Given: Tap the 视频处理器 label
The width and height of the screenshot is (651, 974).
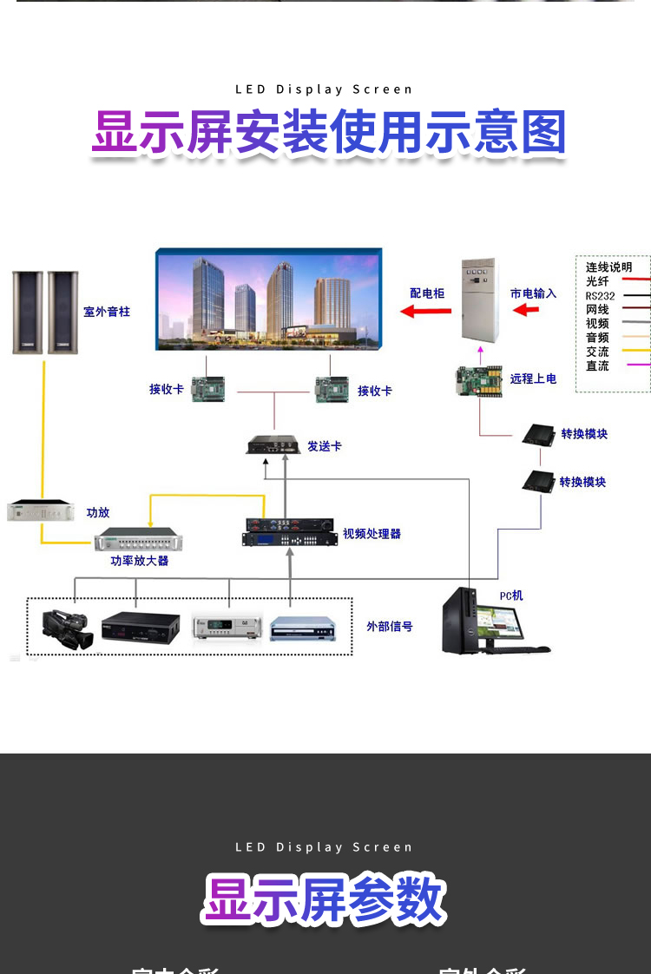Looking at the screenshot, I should (x=372, y=533).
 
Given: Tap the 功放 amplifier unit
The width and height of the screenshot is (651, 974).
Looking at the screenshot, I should (x=41, y=511).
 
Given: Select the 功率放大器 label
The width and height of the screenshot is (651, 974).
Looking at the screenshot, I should (x=139, y=561).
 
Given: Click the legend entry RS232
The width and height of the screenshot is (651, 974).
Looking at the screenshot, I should (x=600, y=295).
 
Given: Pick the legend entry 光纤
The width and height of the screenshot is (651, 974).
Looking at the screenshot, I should (x=597, y=281).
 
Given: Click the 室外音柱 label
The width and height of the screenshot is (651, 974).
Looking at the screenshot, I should (x=107, y=311).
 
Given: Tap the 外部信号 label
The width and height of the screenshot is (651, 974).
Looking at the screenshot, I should (x=389, y=626).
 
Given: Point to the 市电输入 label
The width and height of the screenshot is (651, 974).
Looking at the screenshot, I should (x=533, y=293).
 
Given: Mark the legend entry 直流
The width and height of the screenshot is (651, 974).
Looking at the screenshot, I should (x=597, y=365).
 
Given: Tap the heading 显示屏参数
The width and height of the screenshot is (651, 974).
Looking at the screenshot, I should (x=325, y=899).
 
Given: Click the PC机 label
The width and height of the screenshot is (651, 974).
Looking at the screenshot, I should (x=511, y=596).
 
